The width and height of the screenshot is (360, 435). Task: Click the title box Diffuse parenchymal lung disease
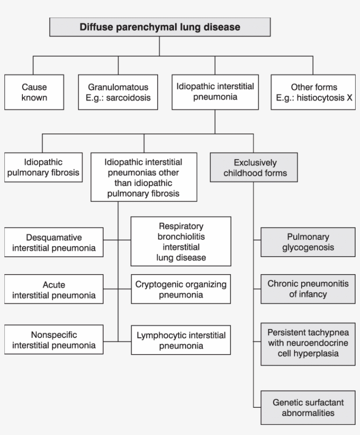point(160,27)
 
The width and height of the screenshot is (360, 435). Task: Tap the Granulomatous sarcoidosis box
point(118,92)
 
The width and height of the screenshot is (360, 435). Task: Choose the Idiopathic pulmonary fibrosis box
point(43,167)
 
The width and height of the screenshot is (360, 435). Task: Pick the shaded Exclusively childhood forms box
point(255,167)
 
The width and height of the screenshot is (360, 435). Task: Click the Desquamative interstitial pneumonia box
point(54,242)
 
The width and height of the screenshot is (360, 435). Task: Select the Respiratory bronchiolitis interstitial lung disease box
point(180,241)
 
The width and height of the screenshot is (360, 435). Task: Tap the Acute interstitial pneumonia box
point(54,290)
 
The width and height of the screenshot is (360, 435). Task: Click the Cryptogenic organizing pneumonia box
point(180,290)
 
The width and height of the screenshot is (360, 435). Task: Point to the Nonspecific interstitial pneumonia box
point(54,340)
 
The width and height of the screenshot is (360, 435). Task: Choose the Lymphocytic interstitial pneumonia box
point(180,340)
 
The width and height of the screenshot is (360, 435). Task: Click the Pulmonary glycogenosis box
point(308,242)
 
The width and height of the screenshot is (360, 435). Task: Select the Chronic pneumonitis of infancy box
point(308,289)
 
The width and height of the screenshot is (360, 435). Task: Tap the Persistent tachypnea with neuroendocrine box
point(308,344)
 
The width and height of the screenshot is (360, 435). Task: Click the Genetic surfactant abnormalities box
point(308,407)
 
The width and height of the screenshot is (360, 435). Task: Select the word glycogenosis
point(308,247)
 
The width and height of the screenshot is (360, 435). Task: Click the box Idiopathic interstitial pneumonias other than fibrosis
point(144,177)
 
